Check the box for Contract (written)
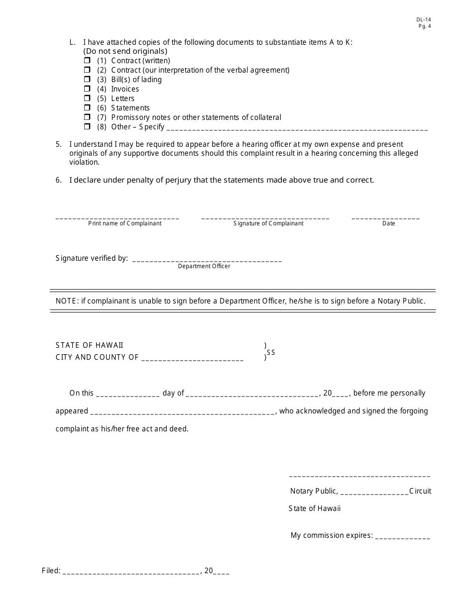coord(87,61)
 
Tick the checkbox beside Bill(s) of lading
coord(87,80)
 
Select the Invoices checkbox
coord(87,89)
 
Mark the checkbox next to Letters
coord(87,99)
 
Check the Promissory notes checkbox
coord(87,117)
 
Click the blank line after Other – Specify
coord(297,128)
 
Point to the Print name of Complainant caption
coord(125,223)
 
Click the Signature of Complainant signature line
coord(265,217)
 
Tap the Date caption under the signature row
coord(388,223)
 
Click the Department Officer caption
coord(204,266)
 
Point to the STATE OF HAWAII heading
coord(90,345)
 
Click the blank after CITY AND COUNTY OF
coord(193,358)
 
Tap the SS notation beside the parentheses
coord(271,352)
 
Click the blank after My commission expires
coord(402,536)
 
